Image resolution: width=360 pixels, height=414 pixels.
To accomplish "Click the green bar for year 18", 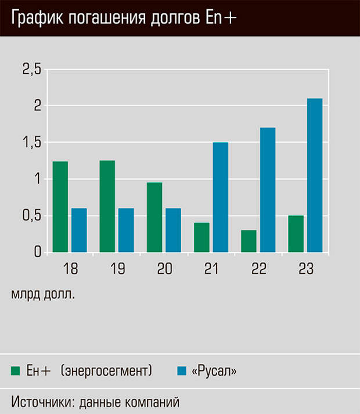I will (x=60, y=207).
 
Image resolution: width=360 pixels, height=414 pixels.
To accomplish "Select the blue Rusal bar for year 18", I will (x=79, y=231).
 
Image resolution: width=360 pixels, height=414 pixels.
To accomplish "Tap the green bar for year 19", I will (x=107, y=206).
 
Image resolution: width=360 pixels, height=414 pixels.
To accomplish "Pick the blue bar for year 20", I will (x=173, y=231).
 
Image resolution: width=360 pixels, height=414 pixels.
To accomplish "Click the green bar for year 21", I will (x=201, y=237).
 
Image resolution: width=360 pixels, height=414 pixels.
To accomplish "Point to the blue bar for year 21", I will (x=220, y=197).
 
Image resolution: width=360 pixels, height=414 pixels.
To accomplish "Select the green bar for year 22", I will (x=249, y=241).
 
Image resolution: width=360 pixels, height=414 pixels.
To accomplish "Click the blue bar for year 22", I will (x=267, y=190).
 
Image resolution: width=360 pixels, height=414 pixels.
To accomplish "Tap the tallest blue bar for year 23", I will (x=315, y=175).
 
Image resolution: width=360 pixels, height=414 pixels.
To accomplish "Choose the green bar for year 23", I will (x=296, y=234).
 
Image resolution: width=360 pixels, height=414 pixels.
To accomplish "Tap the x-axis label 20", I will (x=164, y=269).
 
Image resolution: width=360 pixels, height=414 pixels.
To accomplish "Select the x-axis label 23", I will (x=305, y=269).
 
